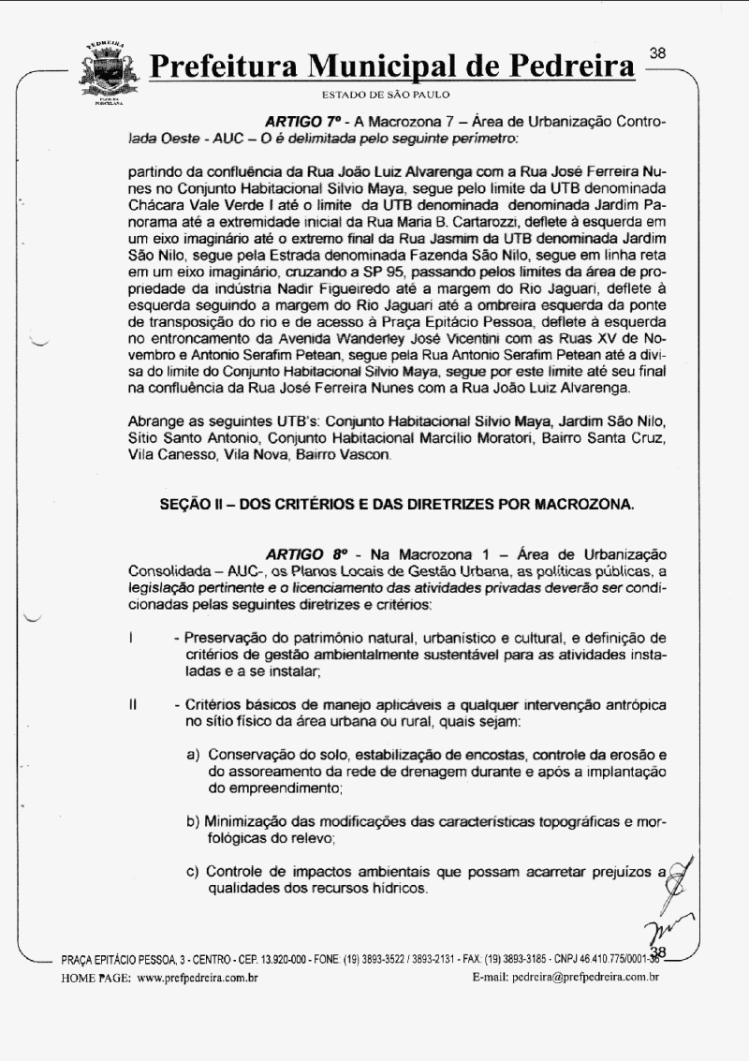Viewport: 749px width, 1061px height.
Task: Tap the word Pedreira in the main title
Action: [x=565, y=67]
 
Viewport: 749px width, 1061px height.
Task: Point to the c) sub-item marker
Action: [x=194, y=871]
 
